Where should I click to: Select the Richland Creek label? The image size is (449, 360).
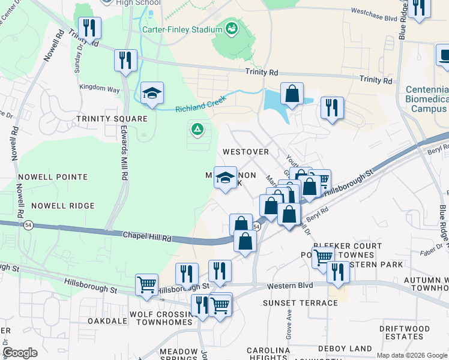[200, 105]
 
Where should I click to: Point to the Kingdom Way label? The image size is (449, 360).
[100, 89]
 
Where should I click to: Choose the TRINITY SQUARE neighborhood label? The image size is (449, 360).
[112, 119]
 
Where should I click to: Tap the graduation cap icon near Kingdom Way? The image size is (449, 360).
[152, 94]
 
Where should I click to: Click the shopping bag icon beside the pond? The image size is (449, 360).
[292, 94]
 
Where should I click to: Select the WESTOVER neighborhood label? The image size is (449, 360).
[246, 152]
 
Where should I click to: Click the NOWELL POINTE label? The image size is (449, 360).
[53, 177]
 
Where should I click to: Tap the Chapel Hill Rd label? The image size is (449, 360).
[148, 236]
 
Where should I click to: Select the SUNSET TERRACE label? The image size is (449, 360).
[303, 303]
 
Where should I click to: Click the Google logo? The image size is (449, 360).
[20, 353]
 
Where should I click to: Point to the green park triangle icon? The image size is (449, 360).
[196, 128]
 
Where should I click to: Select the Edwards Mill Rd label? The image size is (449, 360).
[124, 154]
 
